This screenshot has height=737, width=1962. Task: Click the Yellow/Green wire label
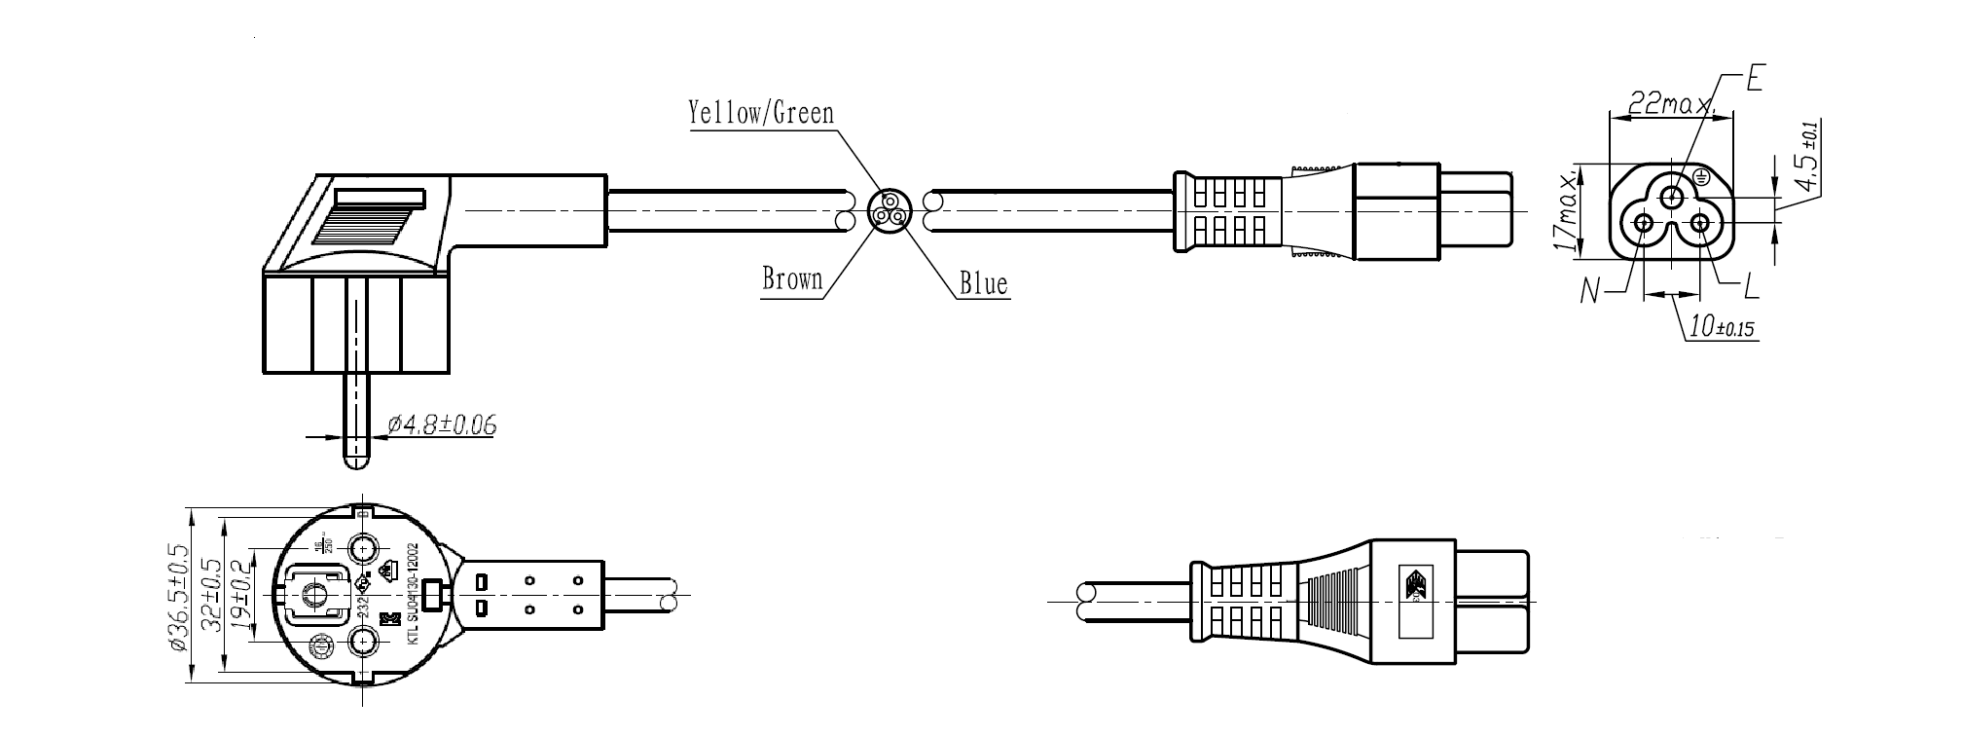click(761, 113)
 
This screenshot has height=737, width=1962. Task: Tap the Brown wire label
click(792, 280)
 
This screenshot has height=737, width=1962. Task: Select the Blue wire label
click(983, 284)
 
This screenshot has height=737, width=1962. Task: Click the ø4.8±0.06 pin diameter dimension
click(442, 424)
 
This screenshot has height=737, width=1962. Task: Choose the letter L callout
click(1751, 286)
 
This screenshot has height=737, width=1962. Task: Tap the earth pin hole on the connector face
click(1672, 198)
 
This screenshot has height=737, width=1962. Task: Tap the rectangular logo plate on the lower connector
click(1416, 600)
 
